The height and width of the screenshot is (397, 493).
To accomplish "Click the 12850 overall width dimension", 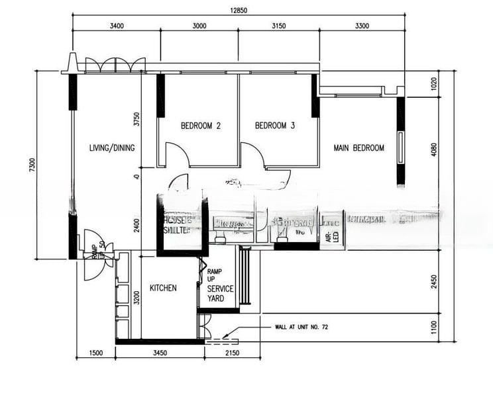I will click(x=239, y=10).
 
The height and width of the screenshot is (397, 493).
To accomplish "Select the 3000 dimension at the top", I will click(x=199, y=26).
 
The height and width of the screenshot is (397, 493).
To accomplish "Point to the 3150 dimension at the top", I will click(x=278, y=26).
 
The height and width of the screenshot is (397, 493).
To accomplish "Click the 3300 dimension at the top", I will click(x=362, y=26).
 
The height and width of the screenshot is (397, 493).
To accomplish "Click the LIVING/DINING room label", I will click(x=112, y=148).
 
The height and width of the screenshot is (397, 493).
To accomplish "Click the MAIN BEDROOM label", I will click(x=358, y=148).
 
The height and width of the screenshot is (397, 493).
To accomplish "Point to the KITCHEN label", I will click(x=163, y=288).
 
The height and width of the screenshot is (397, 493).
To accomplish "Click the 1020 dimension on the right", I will click(x=434, y=84).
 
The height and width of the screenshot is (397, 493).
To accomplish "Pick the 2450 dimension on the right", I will click(x=434, y=283).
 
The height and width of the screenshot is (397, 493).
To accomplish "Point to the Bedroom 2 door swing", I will click(x=178, y=155).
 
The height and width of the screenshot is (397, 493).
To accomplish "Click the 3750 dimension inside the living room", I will click(x=137, y=119).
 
